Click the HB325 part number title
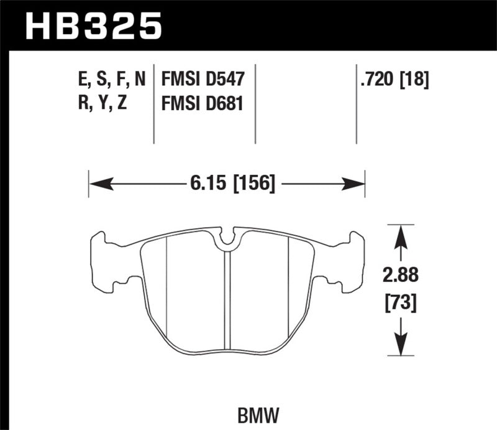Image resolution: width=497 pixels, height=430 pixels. (93, 26)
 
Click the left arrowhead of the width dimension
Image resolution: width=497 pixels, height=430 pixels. (99, 184)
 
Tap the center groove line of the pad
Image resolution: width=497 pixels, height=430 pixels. (227, 299)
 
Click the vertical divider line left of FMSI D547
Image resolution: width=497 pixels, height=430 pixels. (154, 103)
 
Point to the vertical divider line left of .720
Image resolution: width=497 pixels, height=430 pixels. (357, 103)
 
